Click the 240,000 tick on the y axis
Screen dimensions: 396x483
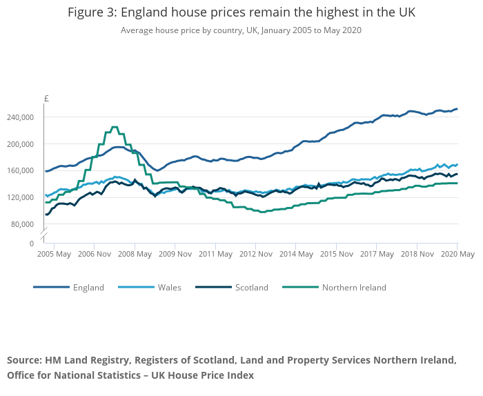[20, 117]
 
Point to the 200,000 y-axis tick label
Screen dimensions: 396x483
[20, 144]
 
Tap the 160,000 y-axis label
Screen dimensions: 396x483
[20, 171]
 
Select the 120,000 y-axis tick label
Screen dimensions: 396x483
[20, 197]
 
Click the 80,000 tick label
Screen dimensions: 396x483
[22, 224]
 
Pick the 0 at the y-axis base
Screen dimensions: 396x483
[30, 244]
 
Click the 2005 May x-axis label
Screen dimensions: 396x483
[54, 254]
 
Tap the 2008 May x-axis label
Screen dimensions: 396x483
[135, 254]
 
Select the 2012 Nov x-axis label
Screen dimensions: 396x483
[255, 254]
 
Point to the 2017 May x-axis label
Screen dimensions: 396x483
[376, 254]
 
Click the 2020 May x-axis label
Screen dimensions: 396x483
[457, 254]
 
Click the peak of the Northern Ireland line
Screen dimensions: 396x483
[114, 127]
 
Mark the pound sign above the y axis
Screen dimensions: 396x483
[46, 99]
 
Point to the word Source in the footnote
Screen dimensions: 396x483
[24, 361]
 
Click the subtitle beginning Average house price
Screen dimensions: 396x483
[241, 30]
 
